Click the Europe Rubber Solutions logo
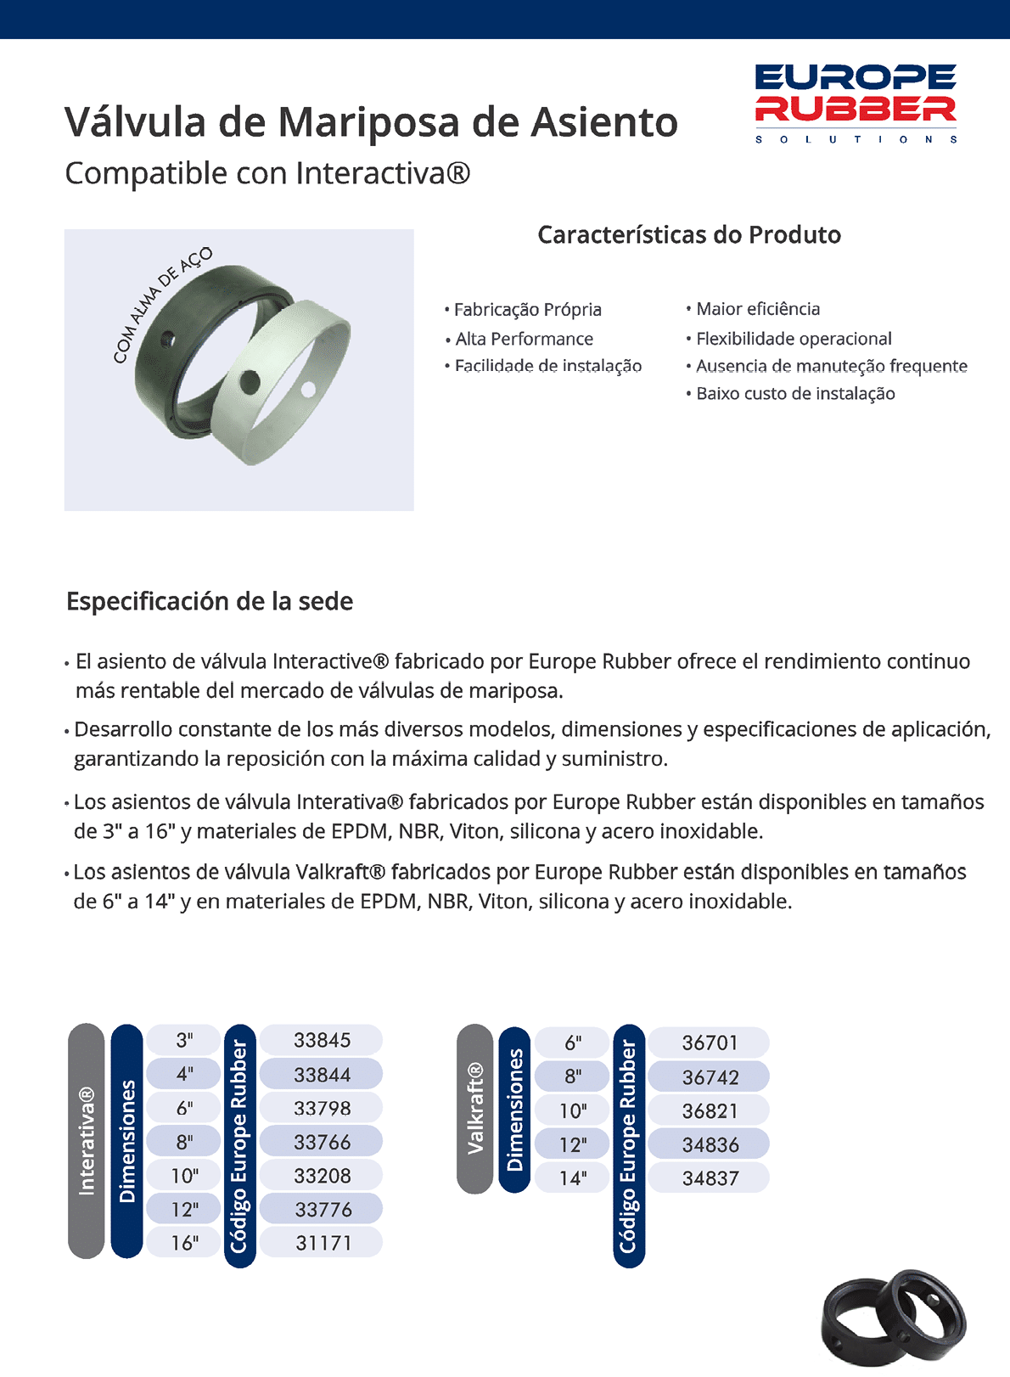(856, 103)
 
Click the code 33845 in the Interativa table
(322, 1040)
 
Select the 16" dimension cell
(184, 1243)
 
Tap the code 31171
(323, 1243)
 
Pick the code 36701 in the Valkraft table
(710, 1043)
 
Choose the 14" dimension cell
(573, 1178)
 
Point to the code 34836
(710, 1144)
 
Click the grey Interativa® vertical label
(87, 1140)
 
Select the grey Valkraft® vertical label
(475, 1108)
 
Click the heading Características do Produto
(689, 235)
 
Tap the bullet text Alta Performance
(524, 339)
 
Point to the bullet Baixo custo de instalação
(795, 393)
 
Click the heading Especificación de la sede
(210, 601)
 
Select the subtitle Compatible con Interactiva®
(267, 173)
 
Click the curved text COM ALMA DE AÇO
(161, 304)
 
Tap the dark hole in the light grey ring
(250, 382)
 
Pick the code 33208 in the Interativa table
(322, 1176)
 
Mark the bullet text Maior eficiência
(758, 309)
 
